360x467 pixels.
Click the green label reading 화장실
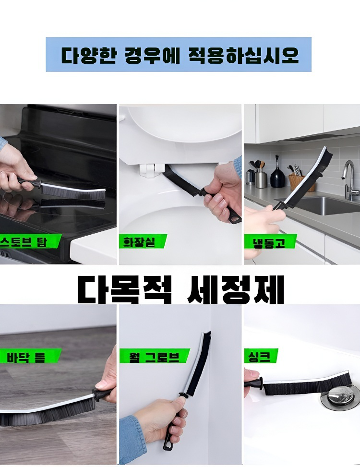pyautogui.click(x=143, y=241)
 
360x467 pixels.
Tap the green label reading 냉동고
pyautogui.click(x=270, y=241)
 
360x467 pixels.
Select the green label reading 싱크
pyautogui.click(x=261, y=356)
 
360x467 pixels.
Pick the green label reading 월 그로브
pyautogui.click(x=154, y=356)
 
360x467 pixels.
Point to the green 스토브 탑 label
pyautogui.click(x=30, y=241)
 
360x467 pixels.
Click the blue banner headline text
pyautogui.click(x=180, y=55)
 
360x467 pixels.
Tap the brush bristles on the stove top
pyautogui.click(x=72, y=191)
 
